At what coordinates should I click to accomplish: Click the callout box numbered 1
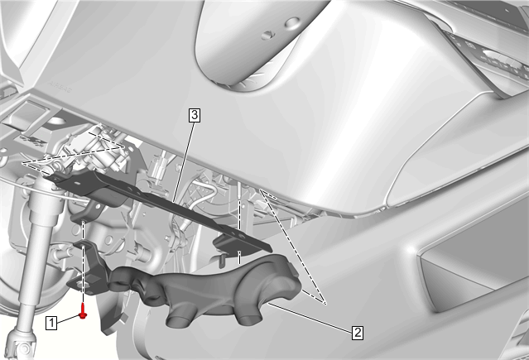(51, 323)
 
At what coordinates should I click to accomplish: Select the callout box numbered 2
(358, 333)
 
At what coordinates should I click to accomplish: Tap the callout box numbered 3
(195, 115)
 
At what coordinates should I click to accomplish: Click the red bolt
(83, 311)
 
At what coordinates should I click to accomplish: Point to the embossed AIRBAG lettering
(60, 87)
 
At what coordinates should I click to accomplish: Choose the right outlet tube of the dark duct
(250, 319)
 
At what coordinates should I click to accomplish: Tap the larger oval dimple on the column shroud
(291, 23)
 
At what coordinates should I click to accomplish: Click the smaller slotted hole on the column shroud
(268, 35)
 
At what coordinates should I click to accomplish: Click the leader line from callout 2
(310, 317)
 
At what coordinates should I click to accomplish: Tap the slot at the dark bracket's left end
(77, 182)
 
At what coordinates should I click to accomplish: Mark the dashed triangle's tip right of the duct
(325, 304)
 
